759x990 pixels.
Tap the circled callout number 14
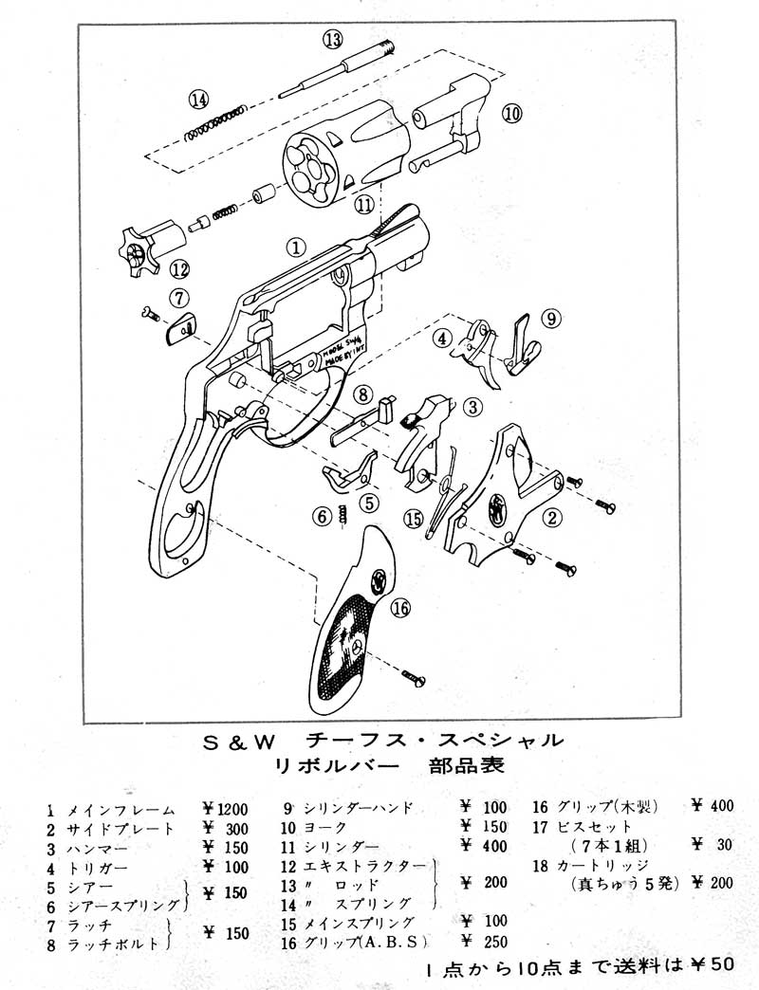[x=198, y=99]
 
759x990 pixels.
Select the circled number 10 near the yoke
[x=511, y=114]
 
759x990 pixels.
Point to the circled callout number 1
[x=297, y=247]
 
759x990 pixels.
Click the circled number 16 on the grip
[x=401, y=609]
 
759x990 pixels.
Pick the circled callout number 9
[x=552, y=319]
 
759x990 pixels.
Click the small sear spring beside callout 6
[x=343, y=515]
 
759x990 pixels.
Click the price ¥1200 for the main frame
[x=225, y=810]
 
